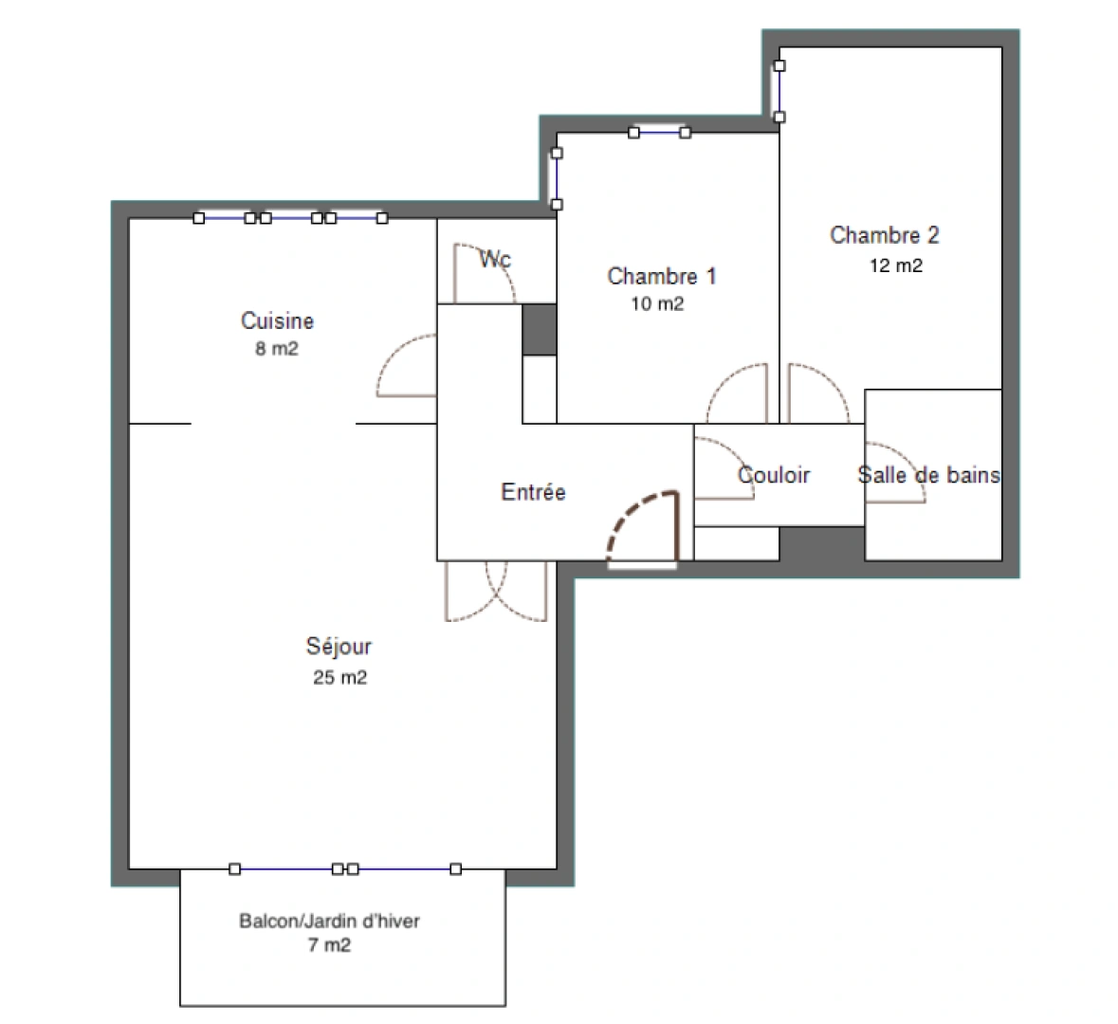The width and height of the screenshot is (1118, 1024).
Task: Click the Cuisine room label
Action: pos(277,321)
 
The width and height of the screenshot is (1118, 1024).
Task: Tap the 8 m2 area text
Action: pos(277,349)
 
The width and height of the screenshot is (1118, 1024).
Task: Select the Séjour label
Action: pos(339,647)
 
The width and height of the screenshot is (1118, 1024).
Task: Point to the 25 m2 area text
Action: pos(339,678)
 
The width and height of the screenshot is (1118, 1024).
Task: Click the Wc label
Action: pos(495,259)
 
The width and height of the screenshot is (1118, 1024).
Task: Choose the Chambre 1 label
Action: pos(661,276)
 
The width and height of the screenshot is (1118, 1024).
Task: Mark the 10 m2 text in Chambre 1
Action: pos(657,304)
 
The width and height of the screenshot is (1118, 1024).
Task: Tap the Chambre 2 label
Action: pos(884,235)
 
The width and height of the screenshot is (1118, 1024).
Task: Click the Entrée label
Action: pos(533,492)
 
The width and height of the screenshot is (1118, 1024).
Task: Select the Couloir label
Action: pos(774,475)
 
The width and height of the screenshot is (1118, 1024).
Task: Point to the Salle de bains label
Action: pos(928,475)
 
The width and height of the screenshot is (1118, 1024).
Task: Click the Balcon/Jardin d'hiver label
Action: pos(329,921)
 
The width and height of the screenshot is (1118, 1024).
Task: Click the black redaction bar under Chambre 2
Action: pos(898,265)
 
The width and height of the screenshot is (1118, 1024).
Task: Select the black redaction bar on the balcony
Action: pos(347,944)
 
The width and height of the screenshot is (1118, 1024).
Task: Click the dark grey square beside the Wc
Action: pos(540,330)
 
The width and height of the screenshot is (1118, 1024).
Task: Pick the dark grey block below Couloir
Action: pos(821,543)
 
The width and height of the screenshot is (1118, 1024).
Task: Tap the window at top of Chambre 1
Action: pos(659,133)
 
